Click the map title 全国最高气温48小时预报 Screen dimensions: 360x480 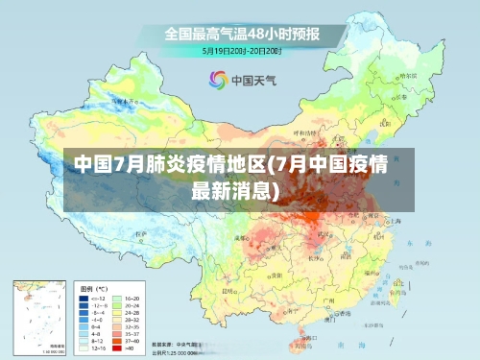click(241, 34)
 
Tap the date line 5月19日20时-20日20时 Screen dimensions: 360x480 click(241, 50)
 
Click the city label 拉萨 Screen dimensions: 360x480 click(144, 233)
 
